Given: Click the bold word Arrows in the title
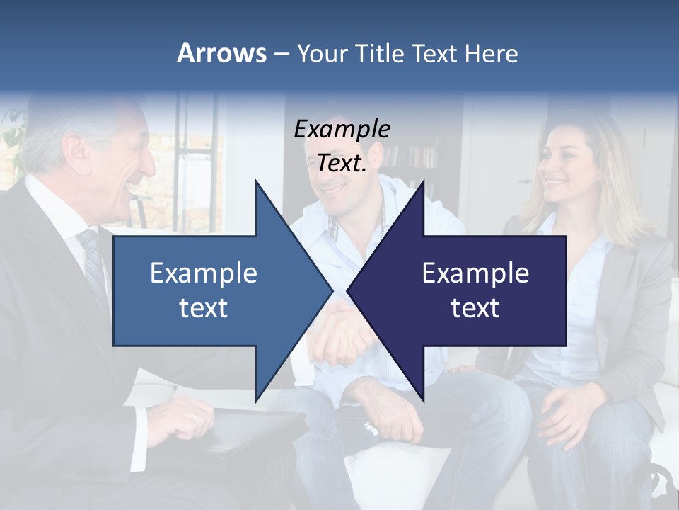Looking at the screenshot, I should tap(221, 53).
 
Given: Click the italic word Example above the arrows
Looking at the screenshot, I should tap(342, 129).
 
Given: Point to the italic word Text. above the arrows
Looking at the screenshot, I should tap(342, 163).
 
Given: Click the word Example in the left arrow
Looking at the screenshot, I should tap(204, 273).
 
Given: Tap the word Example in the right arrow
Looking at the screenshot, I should tap(475, 273).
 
